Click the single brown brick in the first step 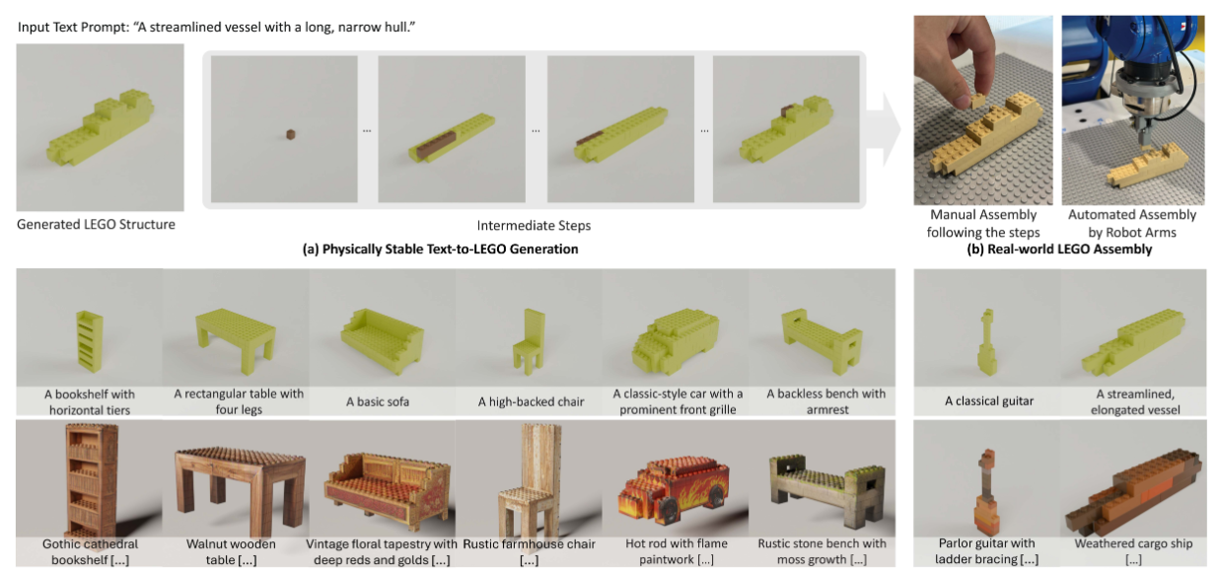coord(291,134)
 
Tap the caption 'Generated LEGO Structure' coord(97,224)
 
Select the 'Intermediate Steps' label coord(534,226)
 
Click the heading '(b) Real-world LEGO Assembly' coord(1059,250)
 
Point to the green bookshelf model coord(90,341)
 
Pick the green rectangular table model coord(236,339)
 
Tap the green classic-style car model coord(676,341)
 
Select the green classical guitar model coord(986,342)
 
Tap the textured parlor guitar coord(986,491)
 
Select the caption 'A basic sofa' coord(378,402)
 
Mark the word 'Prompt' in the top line coord(105,28)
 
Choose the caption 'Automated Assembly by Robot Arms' coord(1132,223)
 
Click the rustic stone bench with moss coord(823,491)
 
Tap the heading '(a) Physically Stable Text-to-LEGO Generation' coord(440,250)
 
